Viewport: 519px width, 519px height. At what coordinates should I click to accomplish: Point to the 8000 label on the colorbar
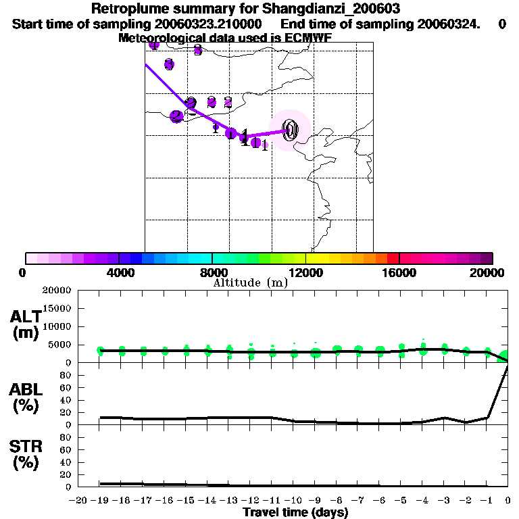212,272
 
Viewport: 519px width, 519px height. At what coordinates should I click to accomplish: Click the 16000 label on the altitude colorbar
399,272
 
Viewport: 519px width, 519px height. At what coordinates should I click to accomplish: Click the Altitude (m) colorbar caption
250,282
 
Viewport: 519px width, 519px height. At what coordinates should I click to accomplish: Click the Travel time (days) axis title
295,513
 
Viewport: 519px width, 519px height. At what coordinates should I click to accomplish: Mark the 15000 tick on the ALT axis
57,308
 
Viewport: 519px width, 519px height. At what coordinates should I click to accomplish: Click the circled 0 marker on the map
291,130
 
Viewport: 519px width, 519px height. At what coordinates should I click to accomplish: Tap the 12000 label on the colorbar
305,272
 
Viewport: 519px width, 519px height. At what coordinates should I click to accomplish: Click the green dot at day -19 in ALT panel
101,351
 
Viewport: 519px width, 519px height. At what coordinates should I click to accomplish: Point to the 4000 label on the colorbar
118,272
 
